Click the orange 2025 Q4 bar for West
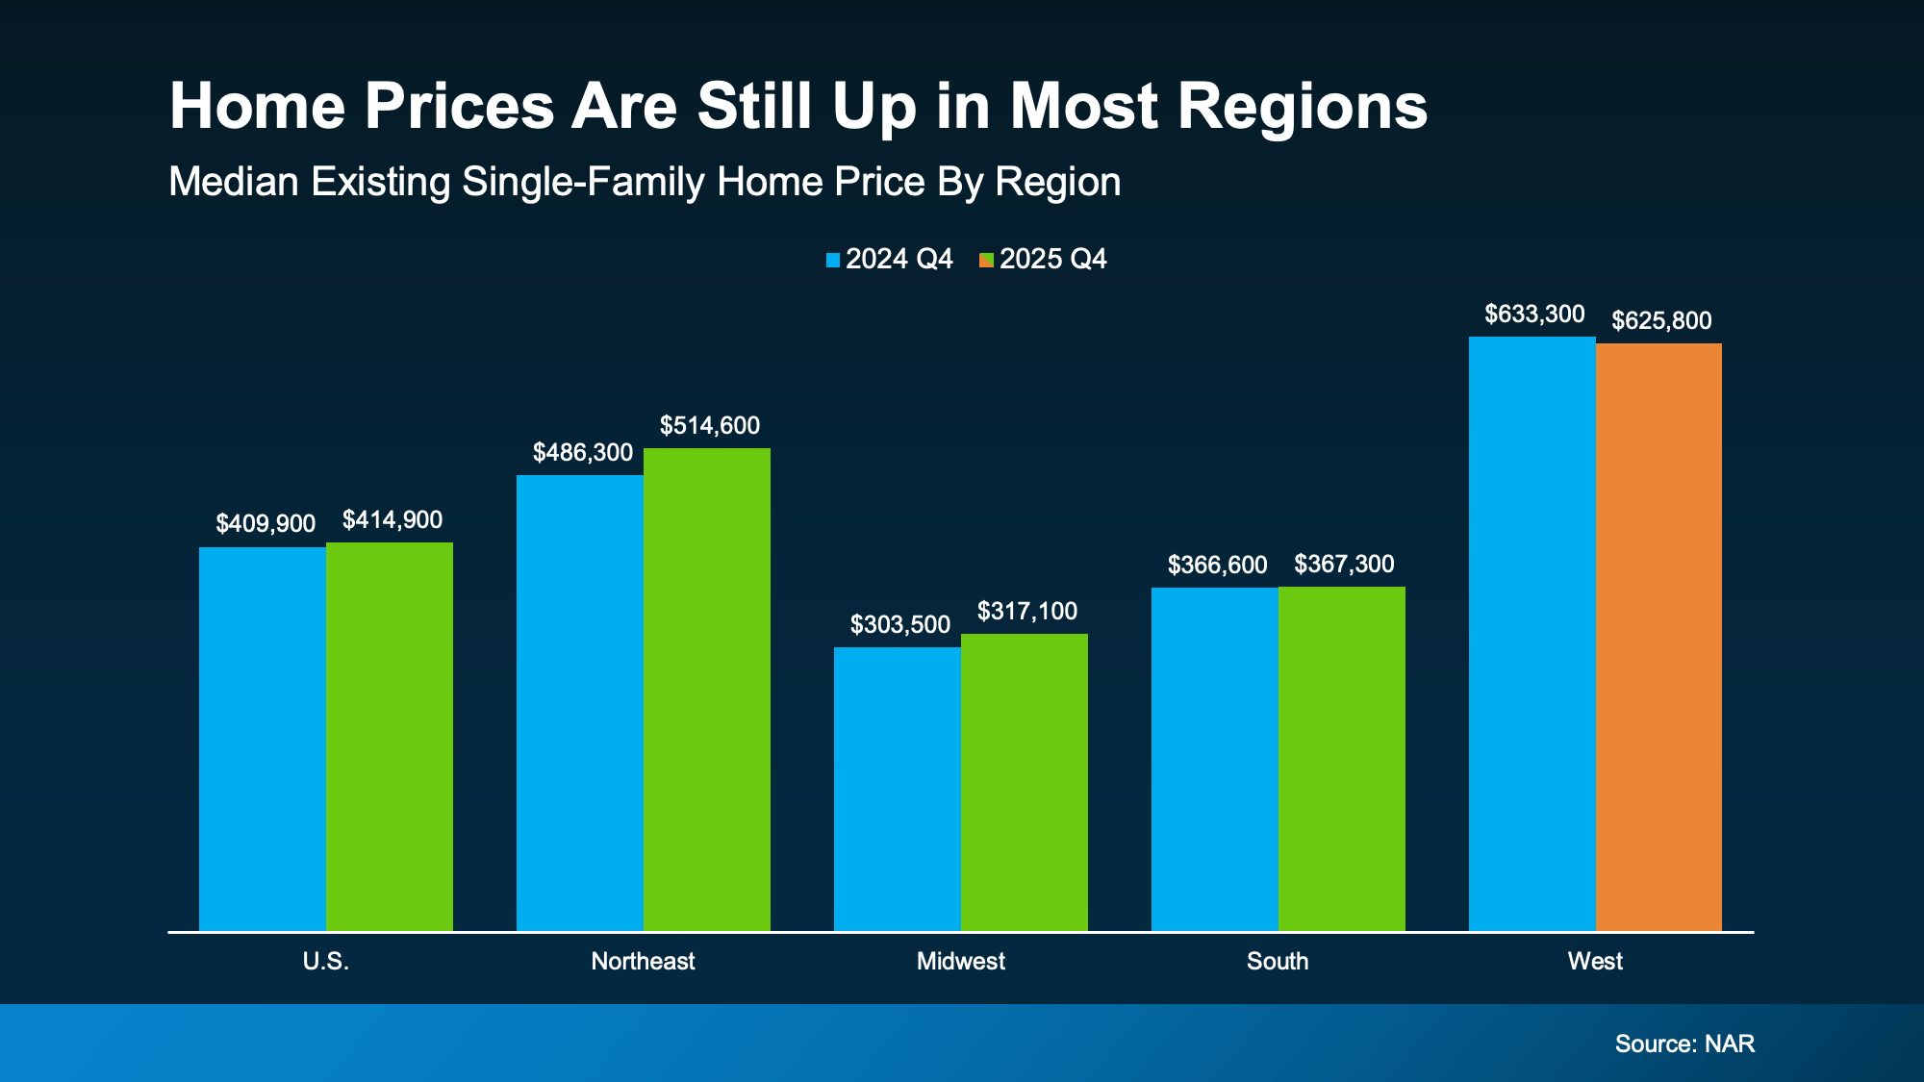pos(1658,637)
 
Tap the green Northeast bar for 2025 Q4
pos(707,689)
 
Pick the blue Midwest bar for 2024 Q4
pos(897,789)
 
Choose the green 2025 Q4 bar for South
pos(1342,758)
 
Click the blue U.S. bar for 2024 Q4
pos(263,739)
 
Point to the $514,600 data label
pos(710,425)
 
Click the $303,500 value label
pos(900,624)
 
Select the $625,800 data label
pos(1661,320)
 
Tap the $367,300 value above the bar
pos(1344,564)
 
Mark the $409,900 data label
pos(266,523)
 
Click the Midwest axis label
pos(960,961)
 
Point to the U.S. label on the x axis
pos(325,961)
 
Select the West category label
pos(1595,961)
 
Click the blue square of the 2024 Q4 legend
pos(833,260)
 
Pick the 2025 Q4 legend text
pos(1052,259)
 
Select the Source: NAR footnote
pos(1684,1044)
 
